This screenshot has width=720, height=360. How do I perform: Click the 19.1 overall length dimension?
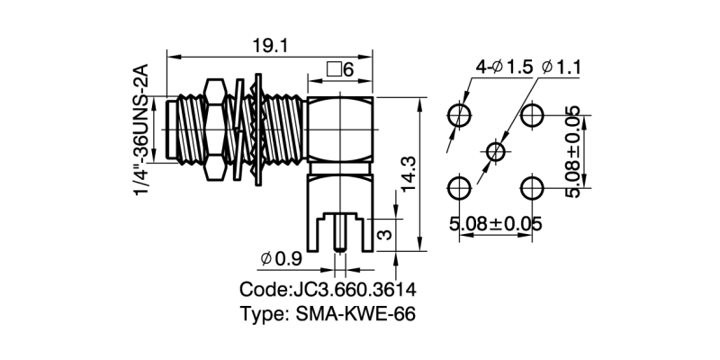[265, 46]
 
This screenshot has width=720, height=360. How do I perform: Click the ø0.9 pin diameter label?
[280, 259]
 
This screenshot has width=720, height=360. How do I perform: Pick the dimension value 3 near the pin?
[382, 236]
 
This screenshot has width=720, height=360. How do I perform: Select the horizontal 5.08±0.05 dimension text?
[496, 223]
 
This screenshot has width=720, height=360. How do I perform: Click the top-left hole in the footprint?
[460, 114]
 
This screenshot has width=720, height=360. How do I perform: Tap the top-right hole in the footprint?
[532, 114]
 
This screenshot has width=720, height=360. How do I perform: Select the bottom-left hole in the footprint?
[460, 187]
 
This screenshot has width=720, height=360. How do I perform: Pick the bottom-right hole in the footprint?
[532, 187]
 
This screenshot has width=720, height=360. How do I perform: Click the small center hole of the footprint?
[496, 151]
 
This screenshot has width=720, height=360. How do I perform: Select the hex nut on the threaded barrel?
[213, 131]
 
